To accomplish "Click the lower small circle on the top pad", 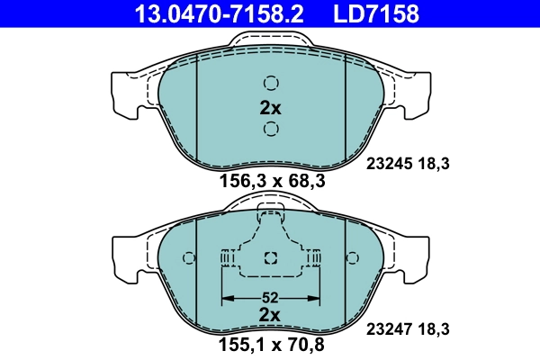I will [271, 130].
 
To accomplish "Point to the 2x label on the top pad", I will [271, 108].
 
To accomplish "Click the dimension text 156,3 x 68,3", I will [272, 181].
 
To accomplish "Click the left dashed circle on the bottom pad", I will [188, 259].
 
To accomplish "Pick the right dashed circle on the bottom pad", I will [352, 259].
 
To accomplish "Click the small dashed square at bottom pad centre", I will [271, 259].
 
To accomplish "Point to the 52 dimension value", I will [271, 297].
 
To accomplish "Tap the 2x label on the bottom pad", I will [271, 314].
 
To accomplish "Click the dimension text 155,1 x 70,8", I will [272, 343].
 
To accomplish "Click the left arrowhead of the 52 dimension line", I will [226, 298].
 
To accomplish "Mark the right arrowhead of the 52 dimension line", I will [316, 298].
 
